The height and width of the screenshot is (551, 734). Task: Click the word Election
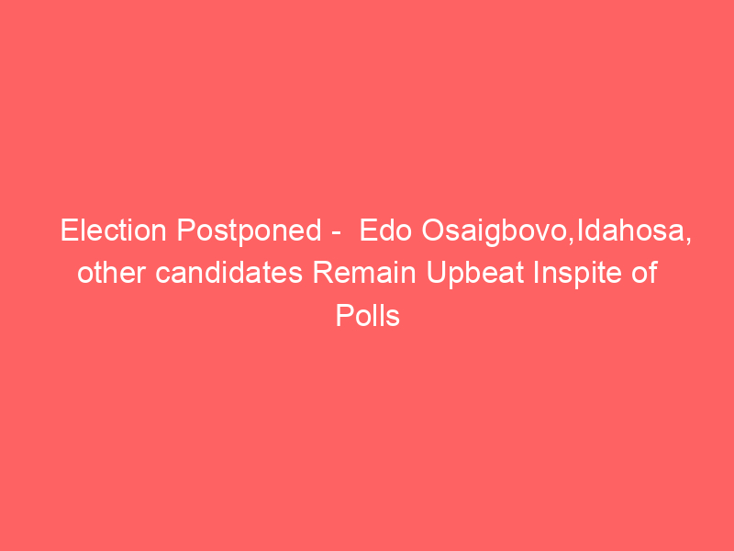tap(113, 231)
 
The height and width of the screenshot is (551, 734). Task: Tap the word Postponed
tap(249, 232)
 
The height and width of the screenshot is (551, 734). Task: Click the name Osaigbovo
tap(495, 232)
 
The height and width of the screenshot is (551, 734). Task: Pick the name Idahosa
tap(630, 231)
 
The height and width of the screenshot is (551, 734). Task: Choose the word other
tap(111, 273)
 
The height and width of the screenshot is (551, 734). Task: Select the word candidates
tap(228, 273)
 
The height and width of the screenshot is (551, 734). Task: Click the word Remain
tap(364, 273)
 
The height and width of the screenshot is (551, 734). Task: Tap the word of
tap(645, 273)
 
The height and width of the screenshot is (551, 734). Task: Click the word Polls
tap(368, 315)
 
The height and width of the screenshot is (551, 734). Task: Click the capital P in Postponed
tap(186, 231)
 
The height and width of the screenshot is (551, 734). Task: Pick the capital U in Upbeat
tap(436, 273)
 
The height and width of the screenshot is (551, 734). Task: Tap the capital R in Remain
tap(323, 273)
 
